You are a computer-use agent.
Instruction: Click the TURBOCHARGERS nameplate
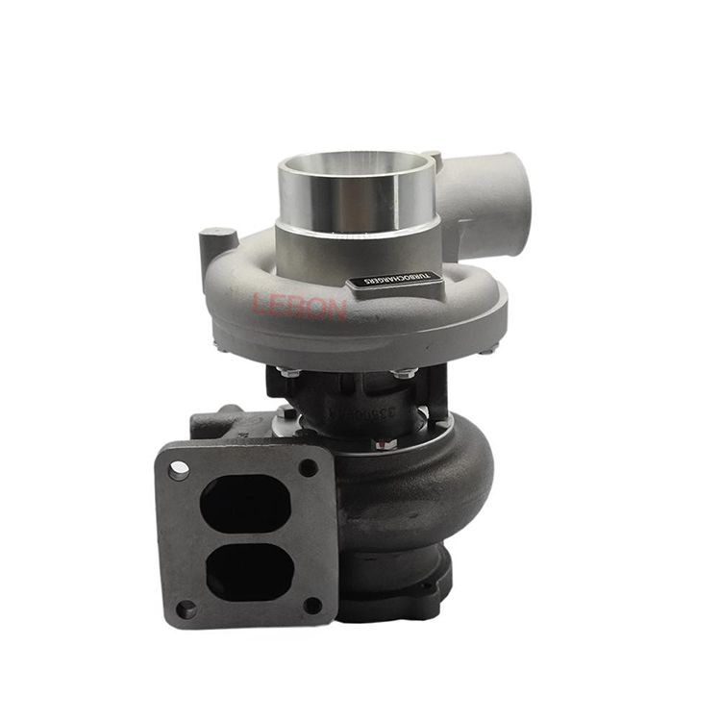click(x=395, y=280)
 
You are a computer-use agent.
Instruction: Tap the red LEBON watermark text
click(x=299, y=306)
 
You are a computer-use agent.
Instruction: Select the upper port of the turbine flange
click(x=244, y=504)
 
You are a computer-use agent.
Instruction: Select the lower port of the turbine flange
click(x=244, y=568)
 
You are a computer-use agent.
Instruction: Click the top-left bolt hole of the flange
click(x=180, y=469)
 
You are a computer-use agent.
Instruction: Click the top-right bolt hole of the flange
click(x=308, y=467)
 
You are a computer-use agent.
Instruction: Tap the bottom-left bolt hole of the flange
click(x=186, y=608)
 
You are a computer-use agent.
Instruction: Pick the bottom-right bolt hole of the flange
click(x=311, y=605)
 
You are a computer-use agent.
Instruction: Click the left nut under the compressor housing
click(x=286, y=370)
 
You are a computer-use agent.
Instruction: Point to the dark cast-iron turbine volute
click(x=423, y=490)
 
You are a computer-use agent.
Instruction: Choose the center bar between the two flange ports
click(x=244, y=536)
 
